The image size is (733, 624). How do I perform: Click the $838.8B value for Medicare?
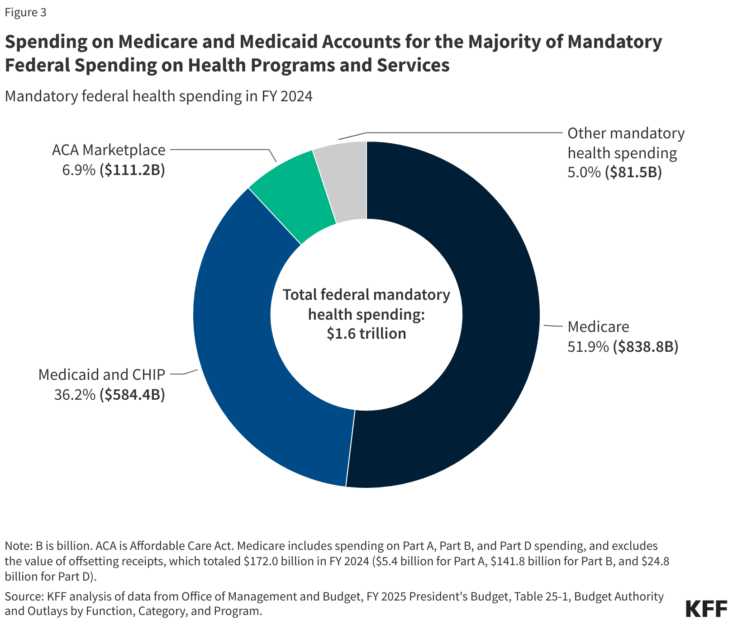tap(646, 347)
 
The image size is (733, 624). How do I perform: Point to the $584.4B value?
tap(132, 395)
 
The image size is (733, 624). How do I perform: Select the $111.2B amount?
tap(132, 170)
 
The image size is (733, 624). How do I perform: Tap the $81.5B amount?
tap(633, 172)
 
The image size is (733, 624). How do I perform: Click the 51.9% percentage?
tap(588, 347)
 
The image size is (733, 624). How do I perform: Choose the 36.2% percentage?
tap(75, 395)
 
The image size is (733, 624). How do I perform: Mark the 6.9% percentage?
tap(79, 170)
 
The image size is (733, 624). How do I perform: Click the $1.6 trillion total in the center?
tap(366, 334)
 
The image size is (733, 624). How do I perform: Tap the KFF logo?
tap(706, 609)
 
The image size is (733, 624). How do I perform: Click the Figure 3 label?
tap(25, 13)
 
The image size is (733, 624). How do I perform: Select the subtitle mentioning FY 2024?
tap(158, 96)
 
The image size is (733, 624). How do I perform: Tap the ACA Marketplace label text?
tap(109, 150)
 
